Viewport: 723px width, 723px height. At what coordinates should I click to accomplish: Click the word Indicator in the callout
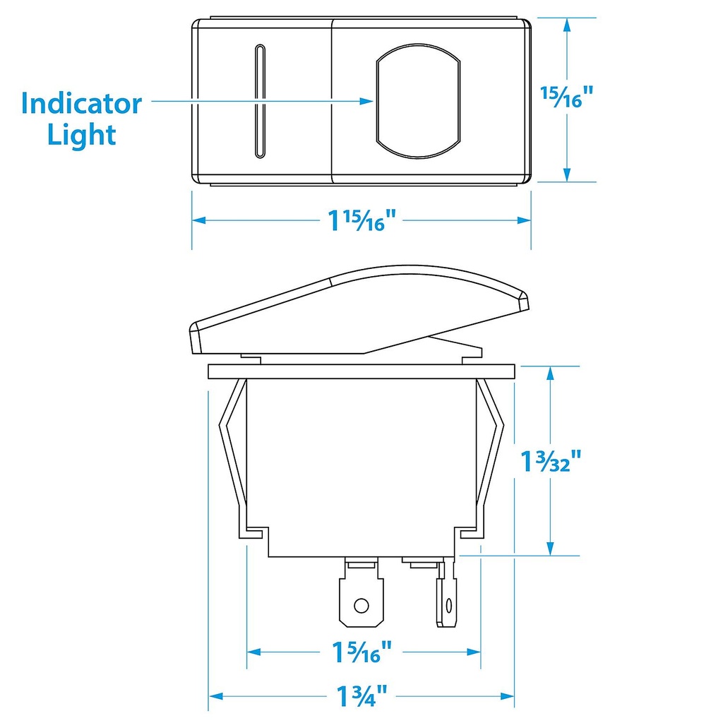(81, 104)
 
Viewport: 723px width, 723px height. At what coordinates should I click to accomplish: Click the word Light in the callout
(81, 134)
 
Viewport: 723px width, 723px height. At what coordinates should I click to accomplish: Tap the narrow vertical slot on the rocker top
(260, 100)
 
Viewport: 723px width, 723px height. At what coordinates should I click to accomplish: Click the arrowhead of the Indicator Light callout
(366, 101)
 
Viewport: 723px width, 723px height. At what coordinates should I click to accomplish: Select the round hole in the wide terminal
(361, 605)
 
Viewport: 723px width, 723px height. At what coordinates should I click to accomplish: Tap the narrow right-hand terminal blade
(446, 600)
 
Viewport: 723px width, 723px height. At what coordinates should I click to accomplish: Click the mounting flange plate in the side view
(361, 372)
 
